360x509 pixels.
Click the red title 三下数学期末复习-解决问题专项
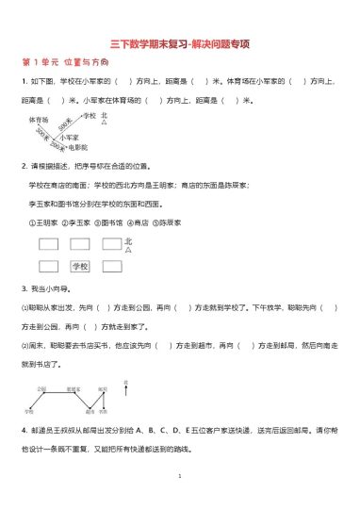point(179,43)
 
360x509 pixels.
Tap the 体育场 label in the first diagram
point(39,121)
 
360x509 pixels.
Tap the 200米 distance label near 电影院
point(58,147)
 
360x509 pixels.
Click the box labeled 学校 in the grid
point(80,267)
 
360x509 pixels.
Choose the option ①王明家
point(43,223)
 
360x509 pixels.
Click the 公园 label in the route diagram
point(42,387)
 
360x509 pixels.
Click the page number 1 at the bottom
point(179,477)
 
